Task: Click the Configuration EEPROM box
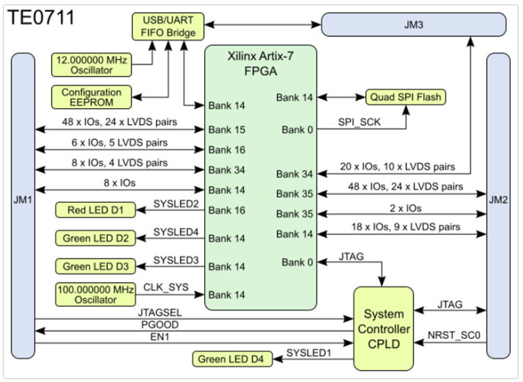click(91, 97)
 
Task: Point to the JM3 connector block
click(412, 26)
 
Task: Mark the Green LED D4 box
click(233, 360)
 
